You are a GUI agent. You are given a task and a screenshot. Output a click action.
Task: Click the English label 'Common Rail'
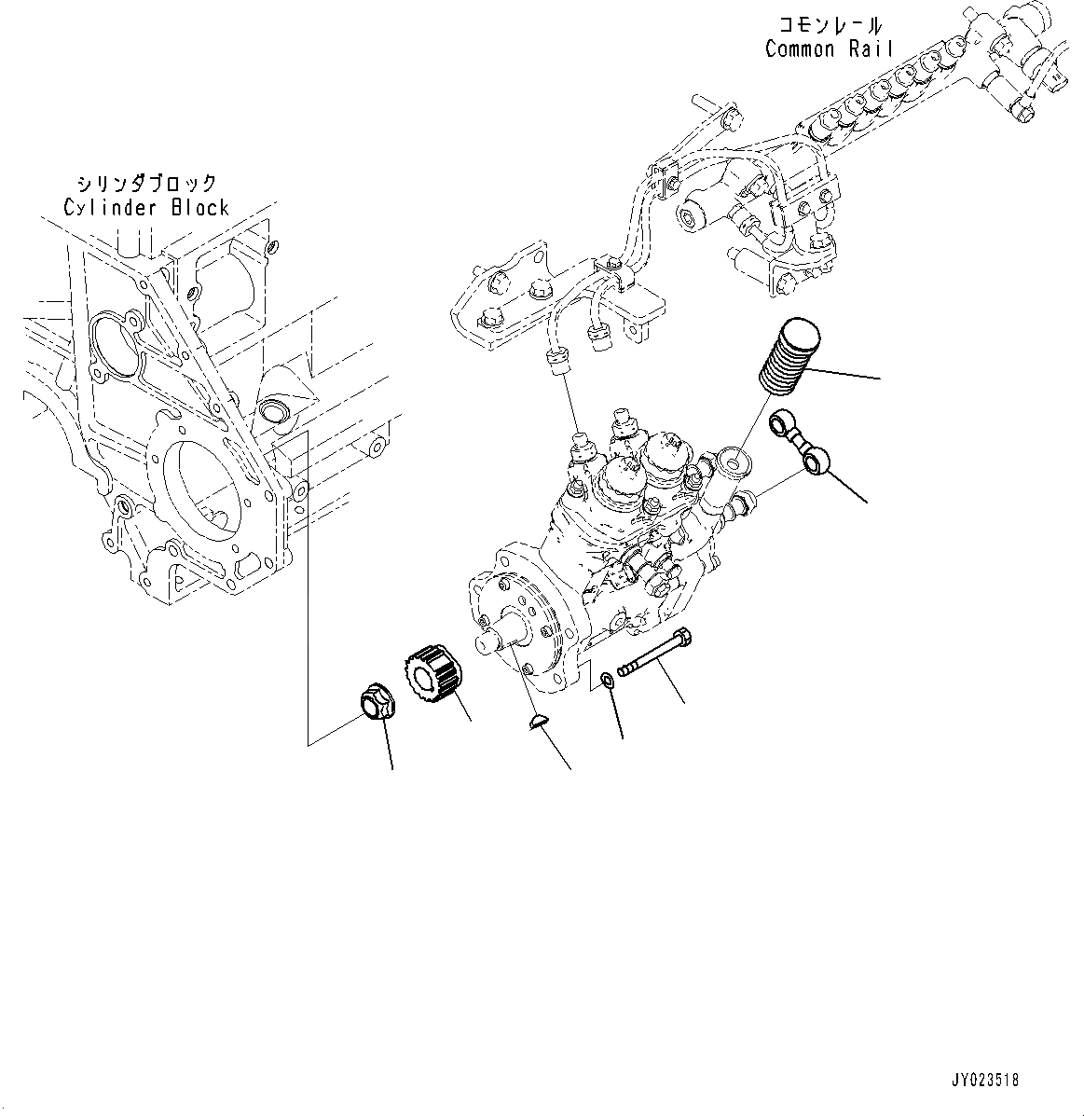829,49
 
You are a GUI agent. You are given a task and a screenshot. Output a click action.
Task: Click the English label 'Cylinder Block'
146,207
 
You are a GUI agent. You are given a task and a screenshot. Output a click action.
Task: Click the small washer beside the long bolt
608,680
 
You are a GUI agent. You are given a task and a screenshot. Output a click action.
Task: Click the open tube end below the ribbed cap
734,461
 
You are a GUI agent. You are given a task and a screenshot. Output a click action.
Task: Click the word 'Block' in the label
199,207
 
